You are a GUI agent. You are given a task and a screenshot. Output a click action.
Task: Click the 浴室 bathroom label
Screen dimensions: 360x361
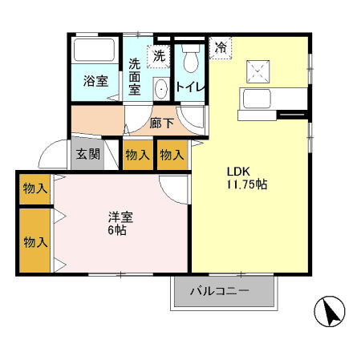(96, 80)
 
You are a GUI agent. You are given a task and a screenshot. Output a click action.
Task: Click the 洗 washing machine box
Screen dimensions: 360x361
(159, 56)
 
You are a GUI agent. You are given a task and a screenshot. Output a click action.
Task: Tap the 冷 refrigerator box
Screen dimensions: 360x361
(219, 47)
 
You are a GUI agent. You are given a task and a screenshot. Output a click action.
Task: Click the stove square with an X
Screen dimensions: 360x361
(259, 71)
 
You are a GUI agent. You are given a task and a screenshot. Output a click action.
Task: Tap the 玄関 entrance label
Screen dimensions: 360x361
(88, 154)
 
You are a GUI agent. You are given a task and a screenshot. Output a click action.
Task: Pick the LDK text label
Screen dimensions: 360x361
(239, 171)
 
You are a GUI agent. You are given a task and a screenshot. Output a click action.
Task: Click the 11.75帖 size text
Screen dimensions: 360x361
(246, 184)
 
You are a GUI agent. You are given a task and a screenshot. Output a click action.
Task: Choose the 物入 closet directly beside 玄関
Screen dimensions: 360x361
(137, 154)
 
